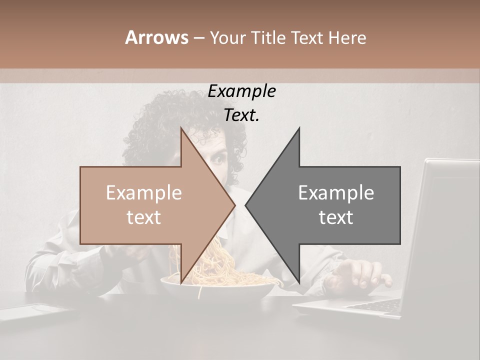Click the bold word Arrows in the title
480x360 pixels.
coord(156,37)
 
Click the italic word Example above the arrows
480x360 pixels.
coord(242,91)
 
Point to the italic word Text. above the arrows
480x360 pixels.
coord(242,115)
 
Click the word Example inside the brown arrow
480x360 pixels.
coord(144,193)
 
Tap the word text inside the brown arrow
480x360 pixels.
coord(144,217)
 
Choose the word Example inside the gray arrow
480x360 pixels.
coord(336,193)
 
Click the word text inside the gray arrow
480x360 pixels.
coord(336,217)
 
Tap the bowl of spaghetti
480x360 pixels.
coord(217,287)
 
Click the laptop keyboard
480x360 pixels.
coord(375,304)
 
